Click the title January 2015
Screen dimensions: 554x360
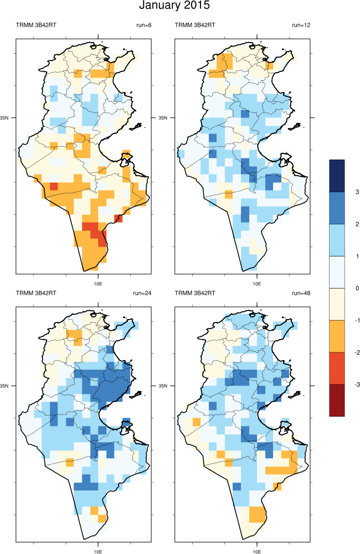click(174, 6)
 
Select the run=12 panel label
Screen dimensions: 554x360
click(302, 25)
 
